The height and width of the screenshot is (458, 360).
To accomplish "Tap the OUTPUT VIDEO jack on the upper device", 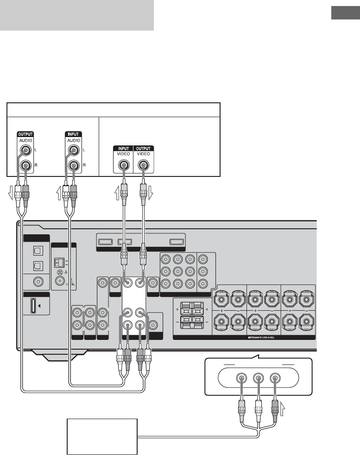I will pos(143,164).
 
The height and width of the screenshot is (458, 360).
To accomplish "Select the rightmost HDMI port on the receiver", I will pos(176,241).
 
